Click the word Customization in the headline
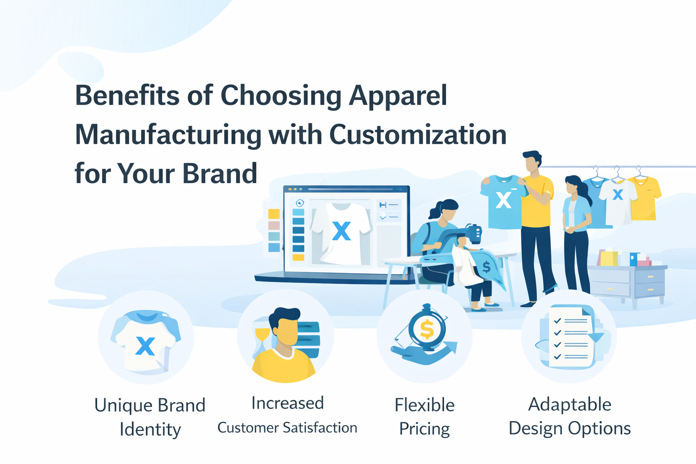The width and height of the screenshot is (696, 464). [418, 135]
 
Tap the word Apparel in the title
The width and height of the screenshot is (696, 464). [398, 97]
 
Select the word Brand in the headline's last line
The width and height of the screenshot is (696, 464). [220, 174]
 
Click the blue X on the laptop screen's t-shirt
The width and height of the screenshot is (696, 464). [342, 231]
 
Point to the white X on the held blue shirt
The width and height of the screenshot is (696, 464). [503, 200]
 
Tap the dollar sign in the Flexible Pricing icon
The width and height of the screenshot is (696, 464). [426, 329]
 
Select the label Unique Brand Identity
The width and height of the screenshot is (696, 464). [150, 417]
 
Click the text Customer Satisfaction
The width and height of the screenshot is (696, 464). [287, 428]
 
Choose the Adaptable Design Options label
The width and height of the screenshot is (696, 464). [570, 416]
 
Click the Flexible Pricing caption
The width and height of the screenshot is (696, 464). [425, 417]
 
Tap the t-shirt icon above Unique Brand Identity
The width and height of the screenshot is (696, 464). [146, 341]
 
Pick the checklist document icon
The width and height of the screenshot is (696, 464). [571, 337]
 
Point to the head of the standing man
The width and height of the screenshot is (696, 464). [532, 161]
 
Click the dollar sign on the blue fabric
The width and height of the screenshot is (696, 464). [486, 266]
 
